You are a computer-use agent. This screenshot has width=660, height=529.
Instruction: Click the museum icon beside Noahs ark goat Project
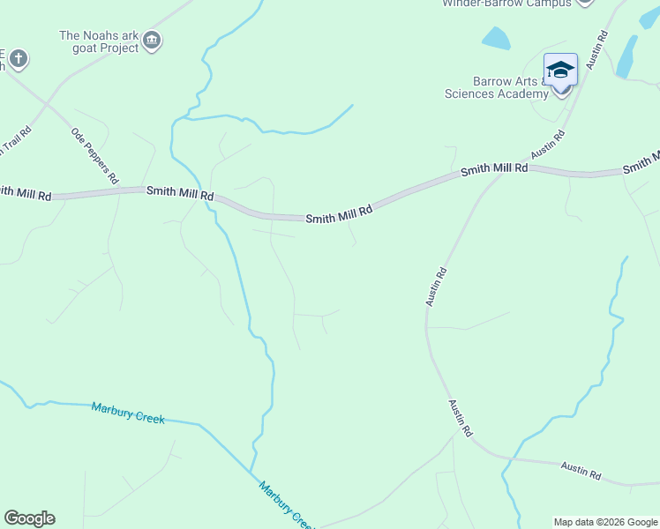click(152, 41)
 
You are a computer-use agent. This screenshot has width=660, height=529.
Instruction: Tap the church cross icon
click(18, 59)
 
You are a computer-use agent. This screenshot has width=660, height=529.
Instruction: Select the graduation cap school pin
click(560, 71)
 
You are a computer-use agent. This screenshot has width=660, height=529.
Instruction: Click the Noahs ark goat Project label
click(99, 41)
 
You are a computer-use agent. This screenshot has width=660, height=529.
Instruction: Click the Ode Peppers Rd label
click(94, 154)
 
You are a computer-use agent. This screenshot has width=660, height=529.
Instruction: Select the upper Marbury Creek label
click(128, 412)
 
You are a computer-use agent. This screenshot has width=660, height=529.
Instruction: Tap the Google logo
click(29, 518)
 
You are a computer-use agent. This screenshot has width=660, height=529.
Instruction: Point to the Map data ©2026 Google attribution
click(605, 522)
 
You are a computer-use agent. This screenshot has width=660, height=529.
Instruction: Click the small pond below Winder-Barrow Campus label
click(497, 38)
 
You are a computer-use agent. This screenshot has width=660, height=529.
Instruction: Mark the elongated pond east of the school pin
click(627, 56)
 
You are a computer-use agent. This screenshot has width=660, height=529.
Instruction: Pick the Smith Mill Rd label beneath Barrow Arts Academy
click(494, 168)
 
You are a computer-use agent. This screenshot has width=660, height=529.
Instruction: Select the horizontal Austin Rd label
click(581, 472)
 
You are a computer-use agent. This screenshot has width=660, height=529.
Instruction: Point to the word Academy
click(521, 93)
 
